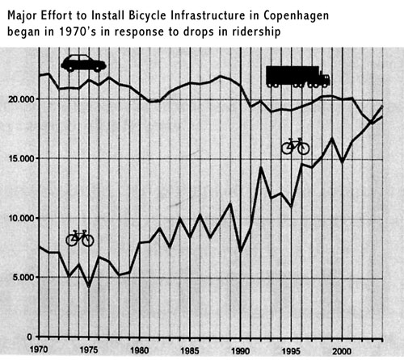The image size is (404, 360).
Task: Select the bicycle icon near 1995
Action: coord(295,145)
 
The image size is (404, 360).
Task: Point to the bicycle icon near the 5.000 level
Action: coord(80,237)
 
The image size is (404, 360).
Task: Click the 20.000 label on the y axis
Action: coord(19,98)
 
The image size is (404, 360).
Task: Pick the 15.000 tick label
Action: coord(19,158)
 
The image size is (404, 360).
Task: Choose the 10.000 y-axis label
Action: coord(19,218)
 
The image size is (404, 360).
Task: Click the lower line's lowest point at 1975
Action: coord(89,287)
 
